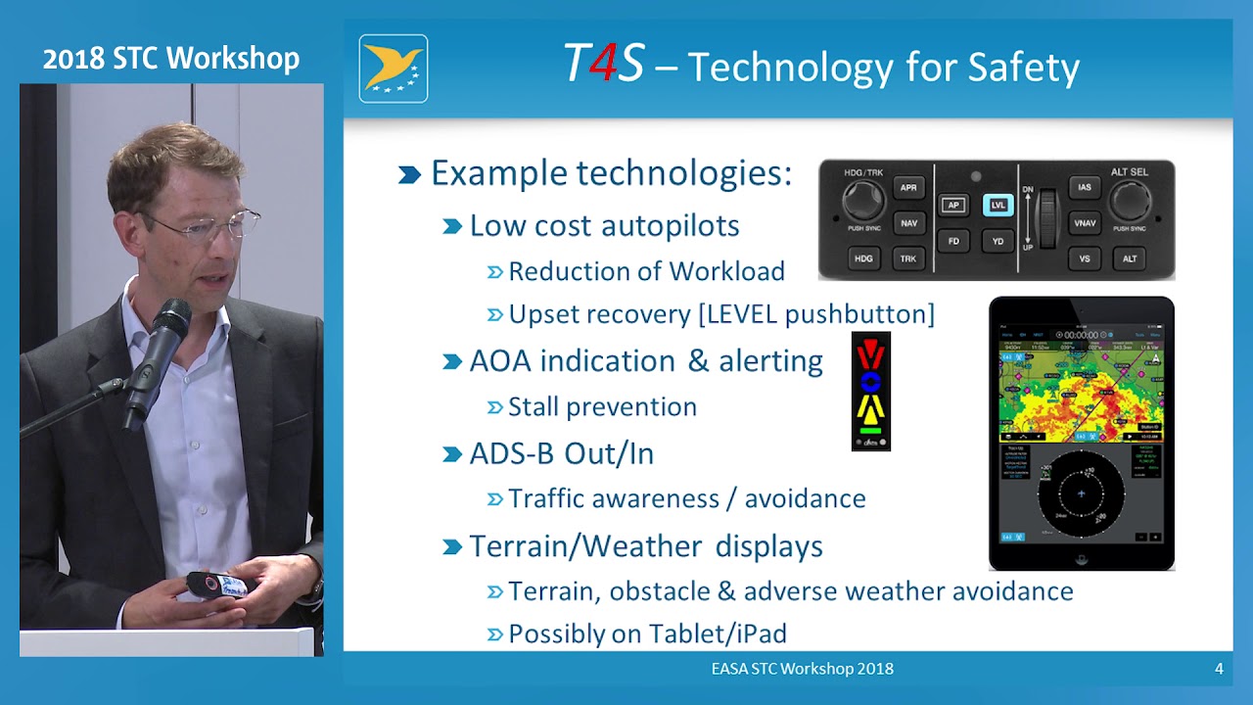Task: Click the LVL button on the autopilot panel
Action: [x=998, y=205]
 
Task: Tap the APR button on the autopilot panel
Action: [x=908, y=188]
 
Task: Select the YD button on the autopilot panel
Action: [x=998, y=241]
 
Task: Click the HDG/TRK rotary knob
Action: [x=862, y=201]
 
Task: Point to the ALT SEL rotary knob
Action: [x=1129, y=201]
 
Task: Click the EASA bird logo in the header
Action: [x=393, y=69]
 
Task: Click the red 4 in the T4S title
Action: [x=604, y=65]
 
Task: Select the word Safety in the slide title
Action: [x=1023, y=67]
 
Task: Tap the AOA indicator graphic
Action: [x=870, y=392]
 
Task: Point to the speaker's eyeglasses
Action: [x=210, y=228]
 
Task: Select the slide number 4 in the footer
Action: [x=1219, y=669]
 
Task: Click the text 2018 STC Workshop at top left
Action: [x=171, y=59]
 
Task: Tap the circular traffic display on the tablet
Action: [x=1081, y=493]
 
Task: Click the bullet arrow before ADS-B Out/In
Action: [x=451, y=454]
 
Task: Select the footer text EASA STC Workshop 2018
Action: [x=802, y=669]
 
